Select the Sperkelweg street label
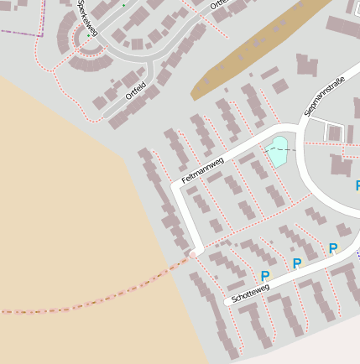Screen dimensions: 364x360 86,18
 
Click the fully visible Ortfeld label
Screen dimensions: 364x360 136,90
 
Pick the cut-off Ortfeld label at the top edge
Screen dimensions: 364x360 219,5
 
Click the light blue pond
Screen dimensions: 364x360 277,153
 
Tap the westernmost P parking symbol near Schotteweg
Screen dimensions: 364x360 265,276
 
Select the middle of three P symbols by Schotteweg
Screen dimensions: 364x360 296,263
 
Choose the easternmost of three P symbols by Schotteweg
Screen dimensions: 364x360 333,248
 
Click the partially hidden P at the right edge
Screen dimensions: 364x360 357,185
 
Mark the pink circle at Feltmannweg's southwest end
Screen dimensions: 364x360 193,253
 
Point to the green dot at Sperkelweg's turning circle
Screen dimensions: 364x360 88,36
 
